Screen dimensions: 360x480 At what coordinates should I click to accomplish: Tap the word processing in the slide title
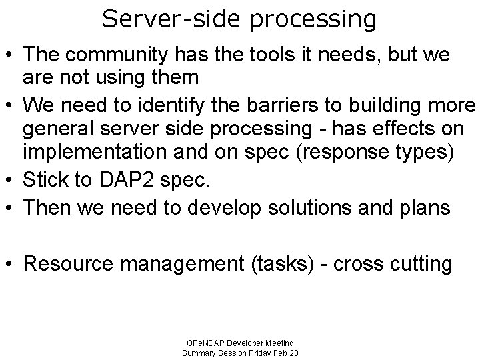pos(313,20)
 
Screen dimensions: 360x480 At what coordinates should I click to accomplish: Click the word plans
pos(427,207)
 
